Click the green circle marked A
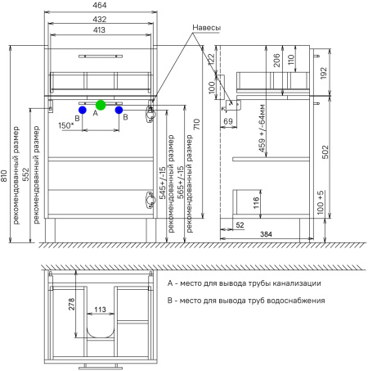[101, 105]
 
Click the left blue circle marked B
[83, 110]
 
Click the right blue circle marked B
[119, 110]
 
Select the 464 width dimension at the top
[100, 5]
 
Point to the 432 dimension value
[100, 20]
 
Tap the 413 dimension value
[99, 29]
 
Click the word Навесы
[206, 28]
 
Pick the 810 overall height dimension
[4, 176]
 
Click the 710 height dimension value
[196, 124]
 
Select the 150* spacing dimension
[66, 125]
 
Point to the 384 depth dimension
[266, 234]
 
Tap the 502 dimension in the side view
[325, 152]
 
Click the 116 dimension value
[256, 203]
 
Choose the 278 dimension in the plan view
[71, 304]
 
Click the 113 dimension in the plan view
[100, 310]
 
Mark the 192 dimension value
[323, 73]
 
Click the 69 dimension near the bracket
[228, 121]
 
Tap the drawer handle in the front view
[101, 57]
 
